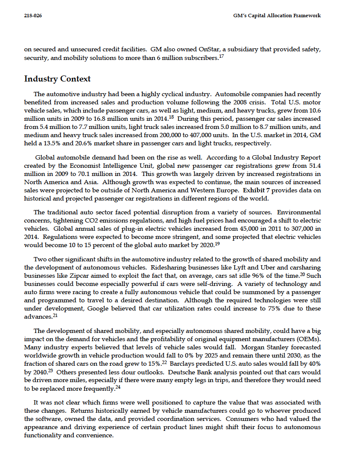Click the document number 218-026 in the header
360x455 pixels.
click(33, 16)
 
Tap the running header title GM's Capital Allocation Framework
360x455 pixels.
click(276, 16)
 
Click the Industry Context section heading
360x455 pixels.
click(57, 79)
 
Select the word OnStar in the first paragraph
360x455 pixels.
click(199, 49)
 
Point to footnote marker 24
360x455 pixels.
click(117, 387)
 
